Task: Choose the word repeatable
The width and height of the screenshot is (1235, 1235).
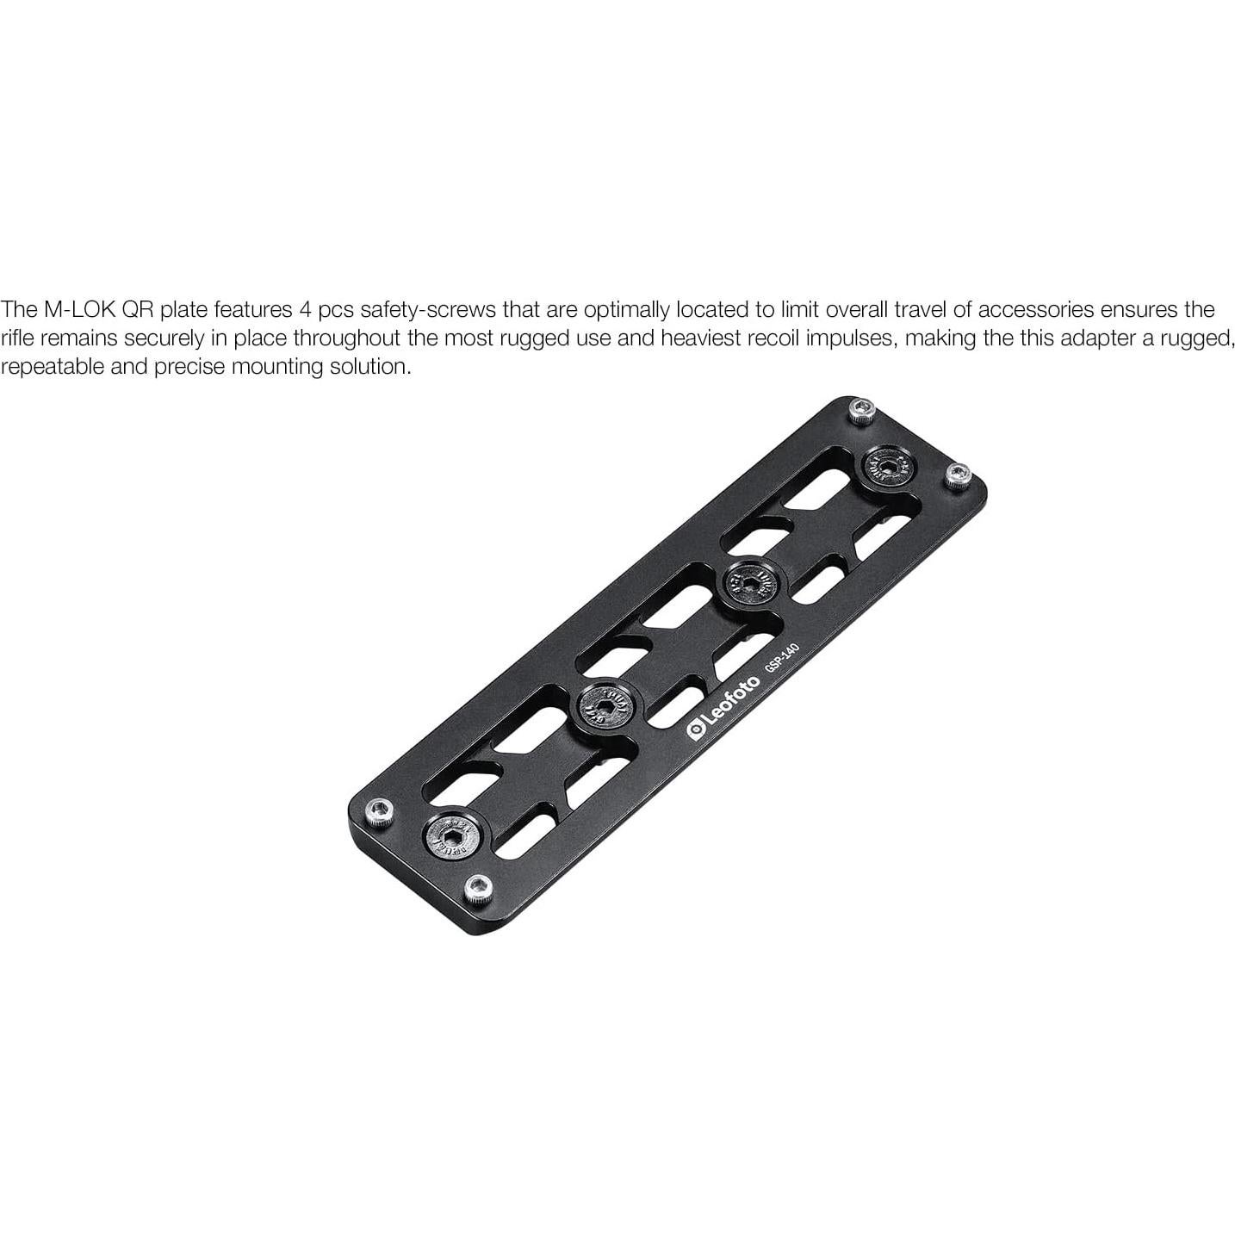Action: coord(52,367)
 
